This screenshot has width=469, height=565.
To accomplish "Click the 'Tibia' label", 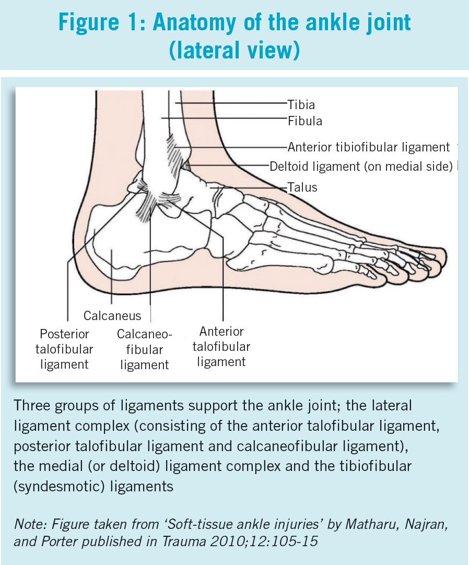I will tap(301, 104).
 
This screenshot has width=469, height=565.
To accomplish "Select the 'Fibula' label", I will tap(305, 121).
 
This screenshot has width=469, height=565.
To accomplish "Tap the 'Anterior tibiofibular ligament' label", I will tap(369, 147).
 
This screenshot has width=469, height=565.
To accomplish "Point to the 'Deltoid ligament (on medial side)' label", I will tap(361, 167).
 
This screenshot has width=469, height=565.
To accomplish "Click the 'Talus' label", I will tap(302, 186).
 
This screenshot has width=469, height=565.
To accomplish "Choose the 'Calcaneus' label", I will tap(112, 315).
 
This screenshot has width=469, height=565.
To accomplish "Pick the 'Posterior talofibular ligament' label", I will tap(65, 348).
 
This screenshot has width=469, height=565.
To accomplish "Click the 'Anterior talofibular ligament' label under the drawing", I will tap(222, 346).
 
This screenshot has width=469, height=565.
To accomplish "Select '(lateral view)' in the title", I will tap(235, 51).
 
